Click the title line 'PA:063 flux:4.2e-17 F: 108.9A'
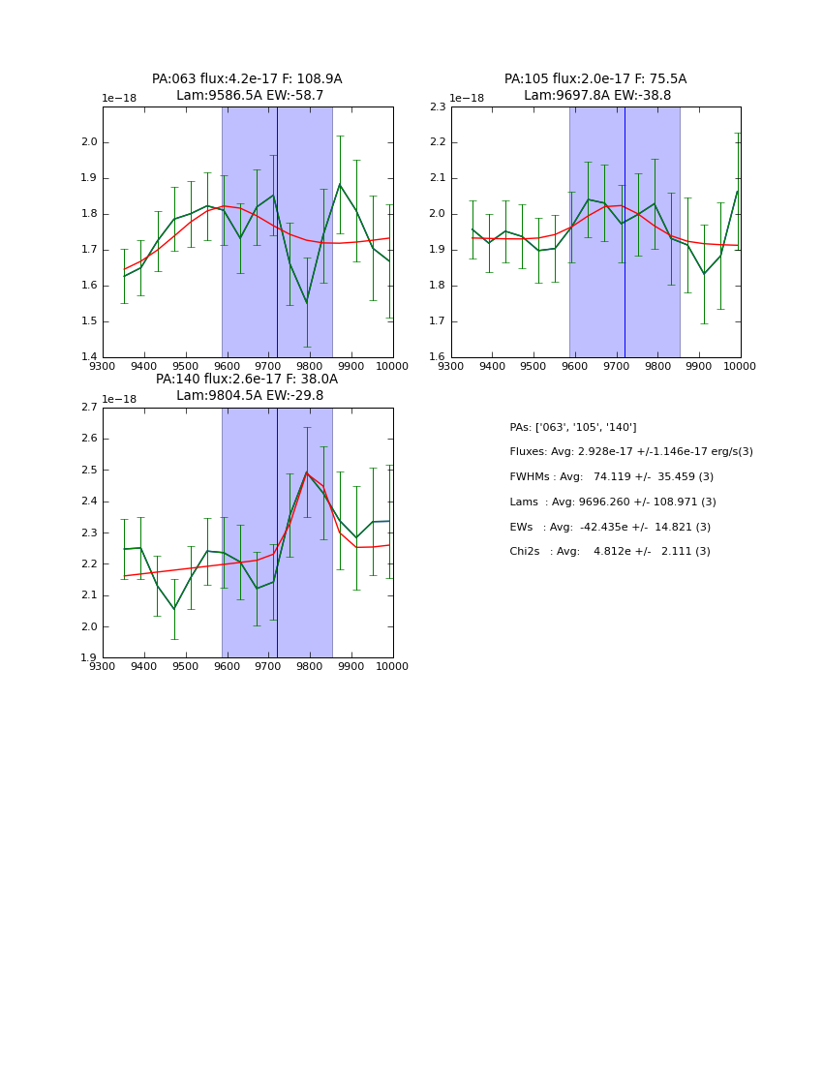tap(247, 79)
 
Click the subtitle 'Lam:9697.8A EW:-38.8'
tap(596, 96)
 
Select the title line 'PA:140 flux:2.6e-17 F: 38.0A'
tap(247, 380)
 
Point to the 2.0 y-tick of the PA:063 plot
tap(89, 142)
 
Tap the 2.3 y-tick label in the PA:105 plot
tap(438, 106)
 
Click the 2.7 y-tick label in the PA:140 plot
tap(89, 408)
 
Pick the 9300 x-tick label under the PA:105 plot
tap(451, 367)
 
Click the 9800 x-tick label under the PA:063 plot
tap(309, 367)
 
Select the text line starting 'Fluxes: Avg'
tap(630, 452)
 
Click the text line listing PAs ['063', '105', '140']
tap(572, 427)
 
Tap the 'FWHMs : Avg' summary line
tap(611, 477)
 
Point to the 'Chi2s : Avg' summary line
tap(609, 552)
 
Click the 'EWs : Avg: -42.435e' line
tap(610, 527)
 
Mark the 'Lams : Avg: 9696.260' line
tap(612, 502)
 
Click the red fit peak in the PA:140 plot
tap(307, 472)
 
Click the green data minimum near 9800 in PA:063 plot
tap(307, 302)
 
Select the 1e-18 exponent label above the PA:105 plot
tap(467, 99)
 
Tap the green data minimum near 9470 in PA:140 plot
tap(174, 609)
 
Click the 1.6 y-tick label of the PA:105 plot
tap(438, 357)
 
